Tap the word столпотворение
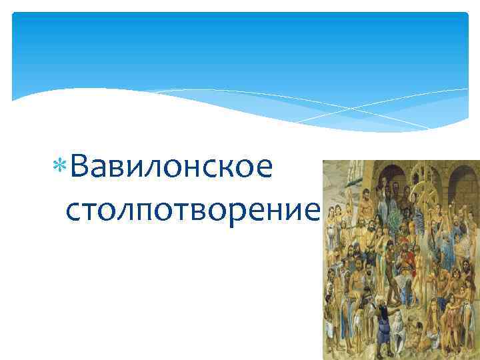pyautogui.click(x=193, y=211)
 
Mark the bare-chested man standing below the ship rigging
pyautogui.click(x=340, y=220)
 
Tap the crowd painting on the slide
pyautogui.click(x=401, y=260)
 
